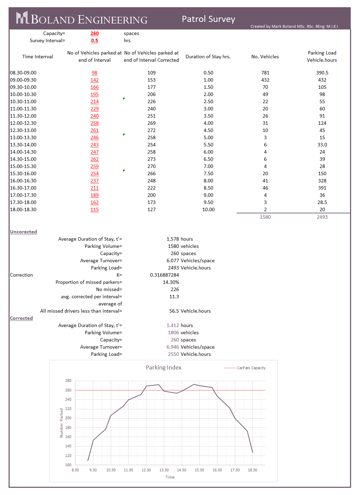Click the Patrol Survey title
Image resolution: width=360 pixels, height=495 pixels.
pyautogui.click(x=208, y=19)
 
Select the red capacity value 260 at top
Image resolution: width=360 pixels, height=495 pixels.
pyautogui.click(x=95, y=33)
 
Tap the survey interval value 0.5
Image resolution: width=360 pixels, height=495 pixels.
pyautogui.click(x=95, y=40)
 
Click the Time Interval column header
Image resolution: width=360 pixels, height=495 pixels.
pyautogui.click(x=38, y=57)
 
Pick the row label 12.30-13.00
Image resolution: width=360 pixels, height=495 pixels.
pyautogui.click(x=23, y=130)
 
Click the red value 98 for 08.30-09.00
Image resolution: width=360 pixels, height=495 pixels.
pyautogui.click(x=95, y=73)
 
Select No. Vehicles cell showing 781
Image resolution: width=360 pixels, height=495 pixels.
pyautogui.click(x=265, y=73)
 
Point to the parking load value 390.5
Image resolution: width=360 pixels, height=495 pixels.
pyautogui.click(x=322, y=73)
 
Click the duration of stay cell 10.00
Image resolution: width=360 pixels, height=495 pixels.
pyautogui.click(x=208, y=209)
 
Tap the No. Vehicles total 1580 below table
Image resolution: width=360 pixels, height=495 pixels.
pyautogui.click(x=265, y=217)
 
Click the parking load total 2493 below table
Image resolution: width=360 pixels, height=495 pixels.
pyautogui.click(x=322, y=217)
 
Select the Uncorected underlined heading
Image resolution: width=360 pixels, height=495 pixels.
pyautogui.click(x=23, y=232)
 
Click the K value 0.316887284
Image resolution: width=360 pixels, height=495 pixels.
pyautogui.click(x=165, y=275)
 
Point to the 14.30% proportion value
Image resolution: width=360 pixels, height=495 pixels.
pyautogui.click(x=171, y=282)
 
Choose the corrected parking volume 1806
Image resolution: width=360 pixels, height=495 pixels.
pyautogui.click(x=173, y=333)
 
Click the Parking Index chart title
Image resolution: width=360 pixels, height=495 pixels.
pyautogui.click(x=164, y=367)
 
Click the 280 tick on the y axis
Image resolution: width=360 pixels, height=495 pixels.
pyautogui.click(x=68, y=381)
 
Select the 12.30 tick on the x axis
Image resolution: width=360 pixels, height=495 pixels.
pyautogui.click(x=146, y=470)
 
